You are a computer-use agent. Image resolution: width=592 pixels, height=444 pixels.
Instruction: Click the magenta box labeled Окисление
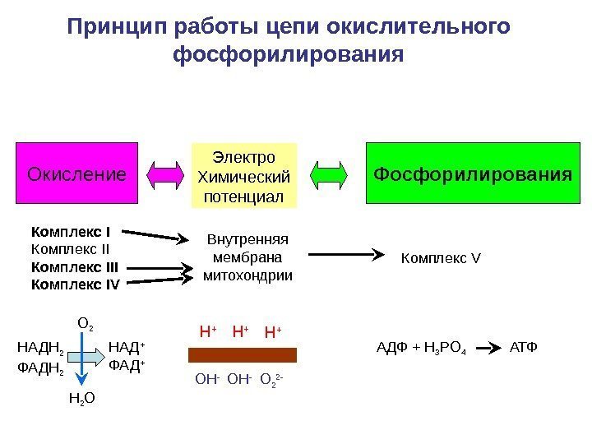[x=77, y=174]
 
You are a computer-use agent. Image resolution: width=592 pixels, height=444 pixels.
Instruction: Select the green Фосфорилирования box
[x=471, y=174]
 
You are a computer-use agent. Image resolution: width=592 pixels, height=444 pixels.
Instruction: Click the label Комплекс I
[x=71, y=231]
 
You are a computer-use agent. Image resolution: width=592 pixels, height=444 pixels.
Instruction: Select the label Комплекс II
[x=70, y=248]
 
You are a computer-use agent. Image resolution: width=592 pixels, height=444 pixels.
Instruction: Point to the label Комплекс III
[x=74, y=266]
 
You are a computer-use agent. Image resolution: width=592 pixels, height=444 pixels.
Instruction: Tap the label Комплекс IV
[x=75, y=284]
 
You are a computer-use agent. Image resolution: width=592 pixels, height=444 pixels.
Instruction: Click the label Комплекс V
[x=440, y=260]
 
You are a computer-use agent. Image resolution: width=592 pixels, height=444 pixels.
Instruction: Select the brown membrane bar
[x=243, y=355]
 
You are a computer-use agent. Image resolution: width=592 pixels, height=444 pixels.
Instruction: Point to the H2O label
[x=81, y=400]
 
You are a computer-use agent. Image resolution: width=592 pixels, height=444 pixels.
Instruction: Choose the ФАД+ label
[x=127, y=364]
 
